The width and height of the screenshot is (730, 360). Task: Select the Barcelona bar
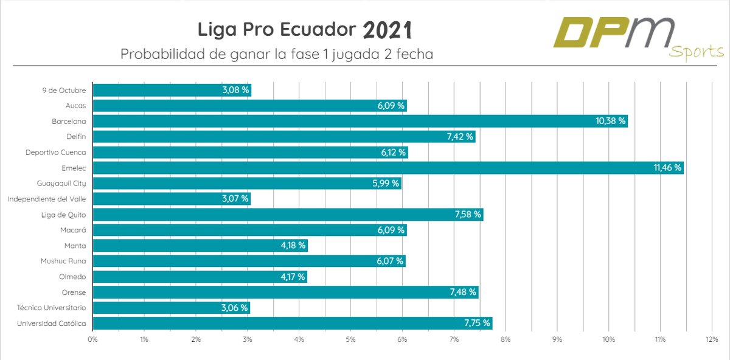click(360, 121)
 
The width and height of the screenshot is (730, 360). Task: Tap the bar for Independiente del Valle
click(172, 199)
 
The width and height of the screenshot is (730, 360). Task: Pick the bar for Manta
click(200, 246)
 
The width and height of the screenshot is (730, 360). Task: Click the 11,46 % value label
click(668, 168)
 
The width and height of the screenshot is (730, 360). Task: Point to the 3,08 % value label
click(235, 90)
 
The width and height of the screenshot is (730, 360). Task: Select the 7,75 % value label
click(477, 323)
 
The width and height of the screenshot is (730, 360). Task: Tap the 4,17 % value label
click(291, 277)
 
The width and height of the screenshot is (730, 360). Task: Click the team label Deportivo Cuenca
click(56, 153)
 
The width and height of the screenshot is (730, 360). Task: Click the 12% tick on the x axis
click(712, 339)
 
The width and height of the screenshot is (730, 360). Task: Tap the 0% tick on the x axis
click(92, 339)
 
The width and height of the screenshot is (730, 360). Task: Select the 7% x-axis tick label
click(454, 339)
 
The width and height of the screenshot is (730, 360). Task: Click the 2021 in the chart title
click(387, 30)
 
